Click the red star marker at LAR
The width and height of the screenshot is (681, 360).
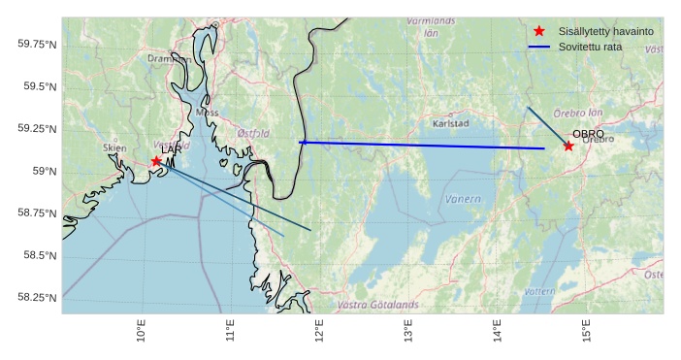[156, 161]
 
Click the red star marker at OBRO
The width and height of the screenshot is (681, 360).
[568, 146]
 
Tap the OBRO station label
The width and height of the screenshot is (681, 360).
[588, 134]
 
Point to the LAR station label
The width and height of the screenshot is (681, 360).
[172, 149]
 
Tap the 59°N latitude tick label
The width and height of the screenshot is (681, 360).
[44, 171]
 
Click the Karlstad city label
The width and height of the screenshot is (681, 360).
[450, 124]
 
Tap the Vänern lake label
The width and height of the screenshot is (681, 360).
[463, 199]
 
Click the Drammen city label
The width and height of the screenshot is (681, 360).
[168, 59]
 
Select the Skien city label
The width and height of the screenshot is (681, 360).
[114, 147]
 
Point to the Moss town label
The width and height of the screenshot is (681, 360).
[207, 112]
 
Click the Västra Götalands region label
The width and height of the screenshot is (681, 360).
[377, 305]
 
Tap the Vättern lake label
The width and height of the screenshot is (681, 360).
[539, 291]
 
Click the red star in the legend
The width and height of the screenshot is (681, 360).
[539, 31]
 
